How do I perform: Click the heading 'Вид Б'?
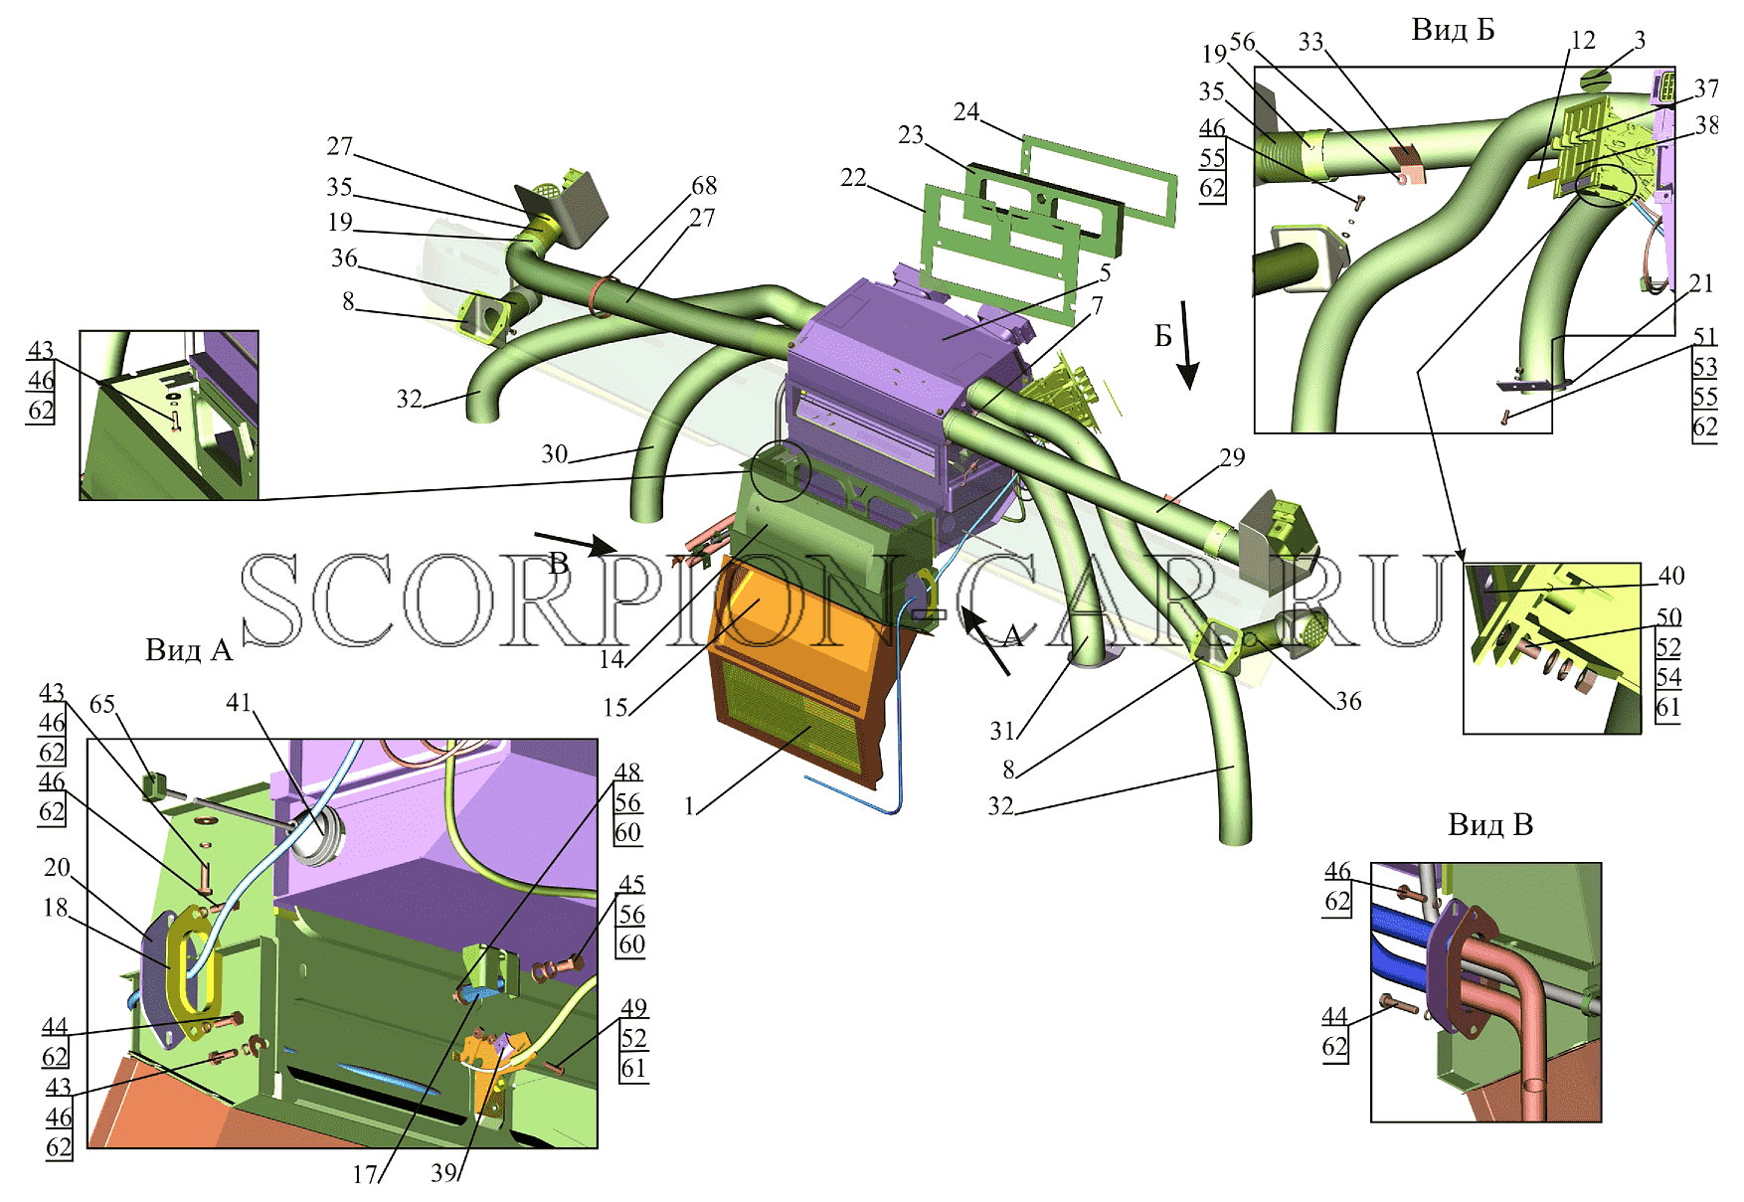pos(1453,30)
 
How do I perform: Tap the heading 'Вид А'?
pos(189,650)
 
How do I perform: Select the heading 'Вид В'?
pos(1490,824)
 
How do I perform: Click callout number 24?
pos(966,111)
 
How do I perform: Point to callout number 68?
pos(704,185)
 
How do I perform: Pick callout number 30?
pos(555,453)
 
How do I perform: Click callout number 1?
pos(689,805)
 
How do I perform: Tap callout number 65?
pos(102,704)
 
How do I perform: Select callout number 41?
pos(239,702)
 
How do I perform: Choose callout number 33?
pos(1311,41)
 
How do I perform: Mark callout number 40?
pos(1671,575)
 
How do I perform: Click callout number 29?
pos(1232,456)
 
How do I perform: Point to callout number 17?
pos(365,1174)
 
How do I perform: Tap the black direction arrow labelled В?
pos(576,543)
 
